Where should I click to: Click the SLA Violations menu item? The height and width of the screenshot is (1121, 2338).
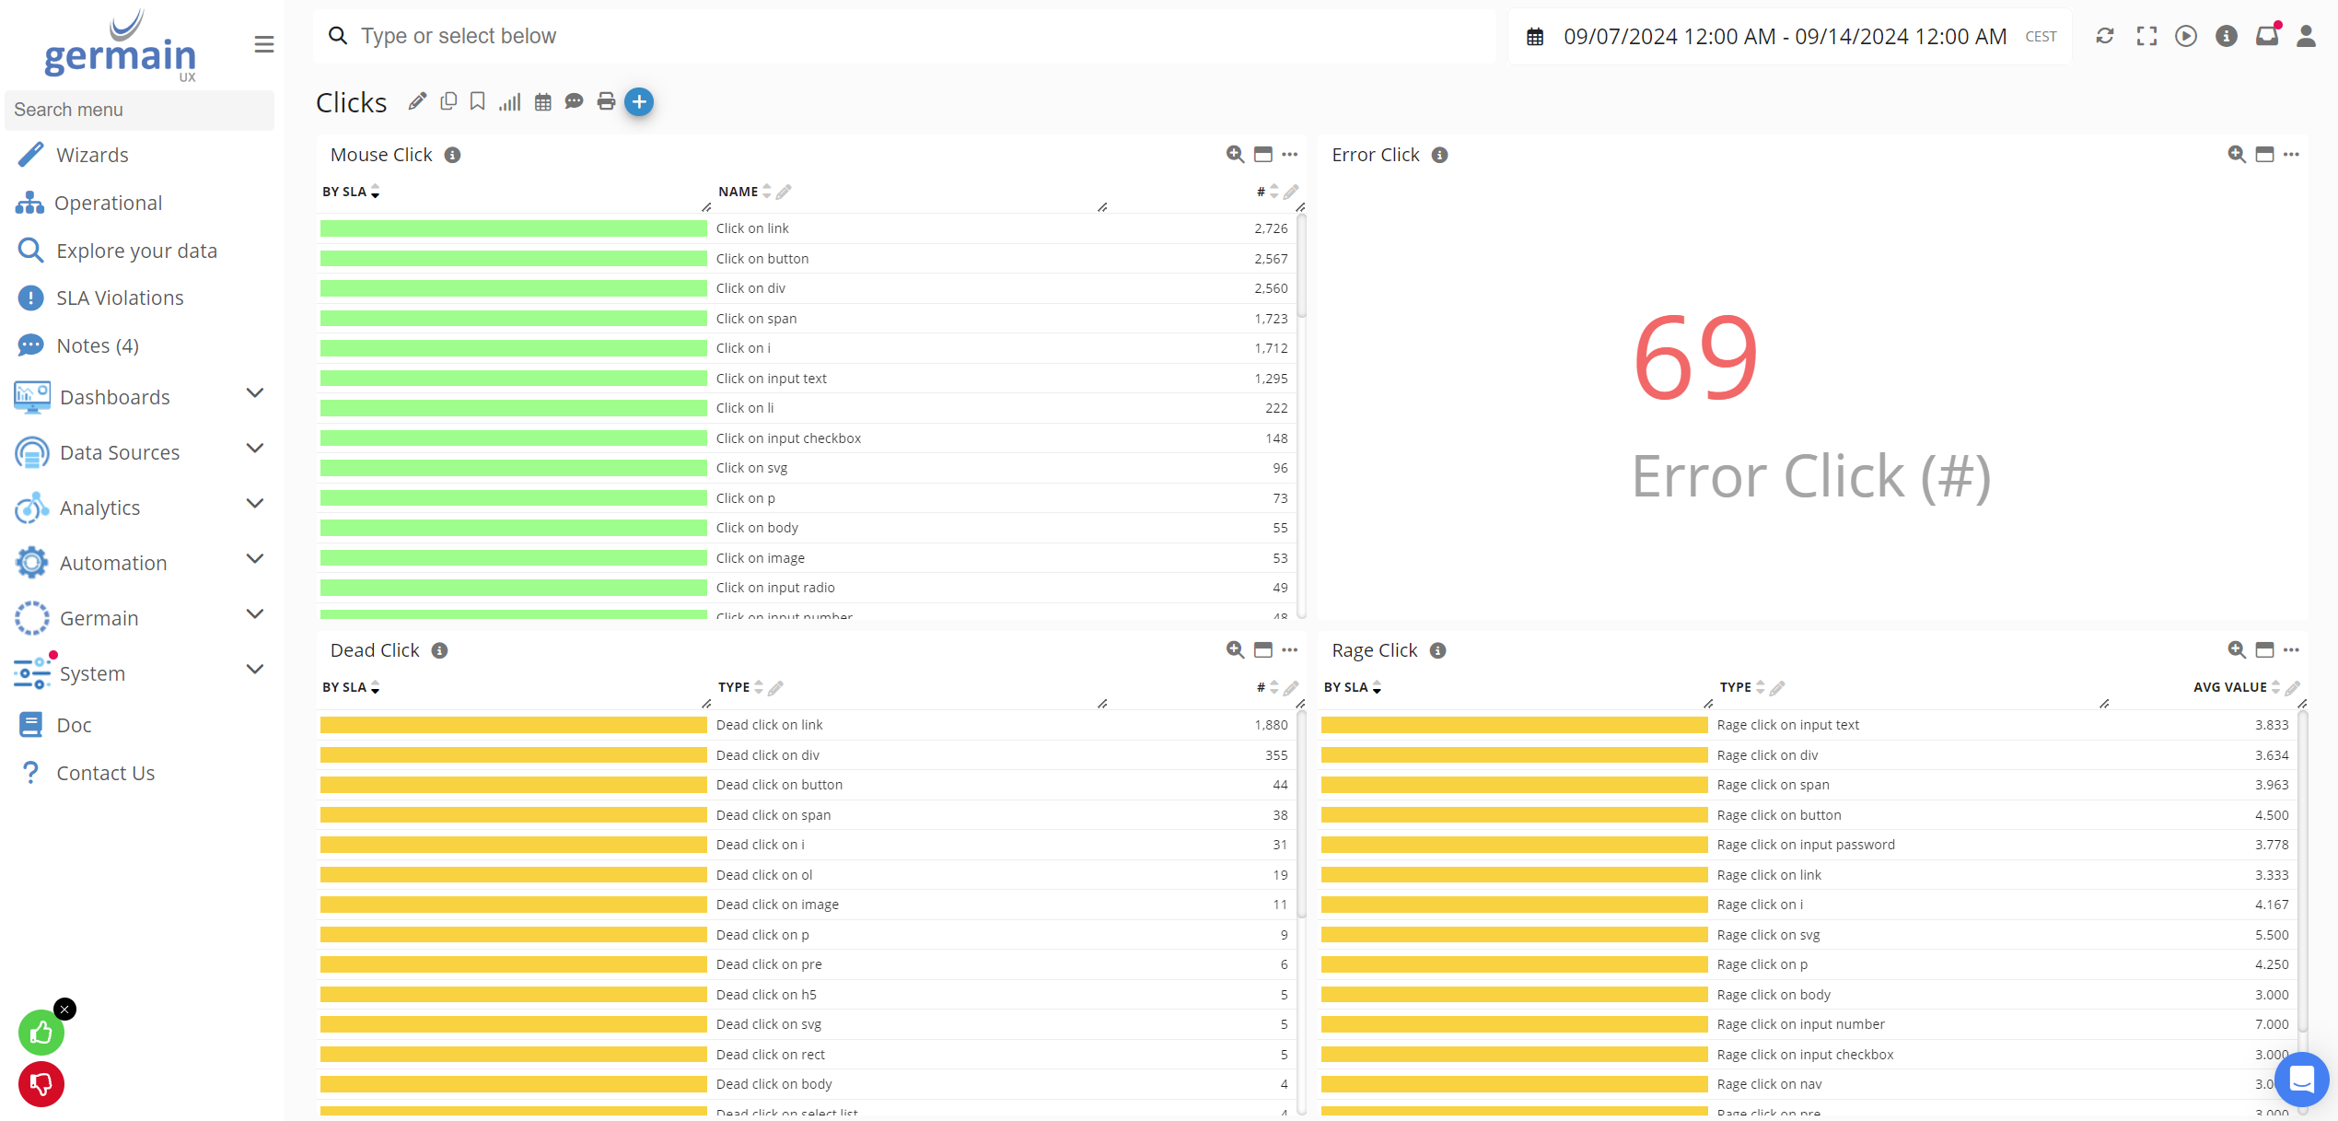(119, 298)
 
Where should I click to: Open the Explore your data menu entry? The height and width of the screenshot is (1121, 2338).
(135, 251)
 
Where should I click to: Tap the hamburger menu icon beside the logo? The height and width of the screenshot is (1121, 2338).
(264, 44)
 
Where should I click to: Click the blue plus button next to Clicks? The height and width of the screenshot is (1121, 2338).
(639, 102)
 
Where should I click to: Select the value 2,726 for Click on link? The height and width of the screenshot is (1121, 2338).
(1270, 228)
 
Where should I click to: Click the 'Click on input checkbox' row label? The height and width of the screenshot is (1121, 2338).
(788, 438)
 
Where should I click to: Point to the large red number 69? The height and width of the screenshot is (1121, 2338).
(1695, 358)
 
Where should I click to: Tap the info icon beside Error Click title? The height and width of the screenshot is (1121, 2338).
(1439, 156)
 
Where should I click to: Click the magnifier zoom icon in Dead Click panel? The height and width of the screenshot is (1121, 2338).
(1235, 650)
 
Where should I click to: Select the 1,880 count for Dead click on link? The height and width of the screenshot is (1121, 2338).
(1270, 725)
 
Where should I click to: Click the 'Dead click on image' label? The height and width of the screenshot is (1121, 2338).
(777, 905)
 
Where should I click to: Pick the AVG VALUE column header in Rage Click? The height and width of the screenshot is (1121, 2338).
(2229, 687)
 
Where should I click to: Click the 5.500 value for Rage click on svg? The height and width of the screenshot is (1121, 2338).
(2271, 935)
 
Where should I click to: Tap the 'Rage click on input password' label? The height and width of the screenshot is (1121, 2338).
(1805, 845)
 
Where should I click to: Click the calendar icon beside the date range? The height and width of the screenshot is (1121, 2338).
(1535, 37)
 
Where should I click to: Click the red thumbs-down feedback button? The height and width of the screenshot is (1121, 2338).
(41, 1084)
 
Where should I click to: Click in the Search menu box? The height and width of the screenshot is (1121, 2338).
(139, 110)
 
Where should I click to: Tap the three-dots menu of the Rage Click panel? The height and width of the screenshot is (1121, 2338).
(2291, 650)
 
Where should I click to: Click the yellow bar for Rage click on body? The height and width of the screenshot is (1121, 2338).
(1514, 995)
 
